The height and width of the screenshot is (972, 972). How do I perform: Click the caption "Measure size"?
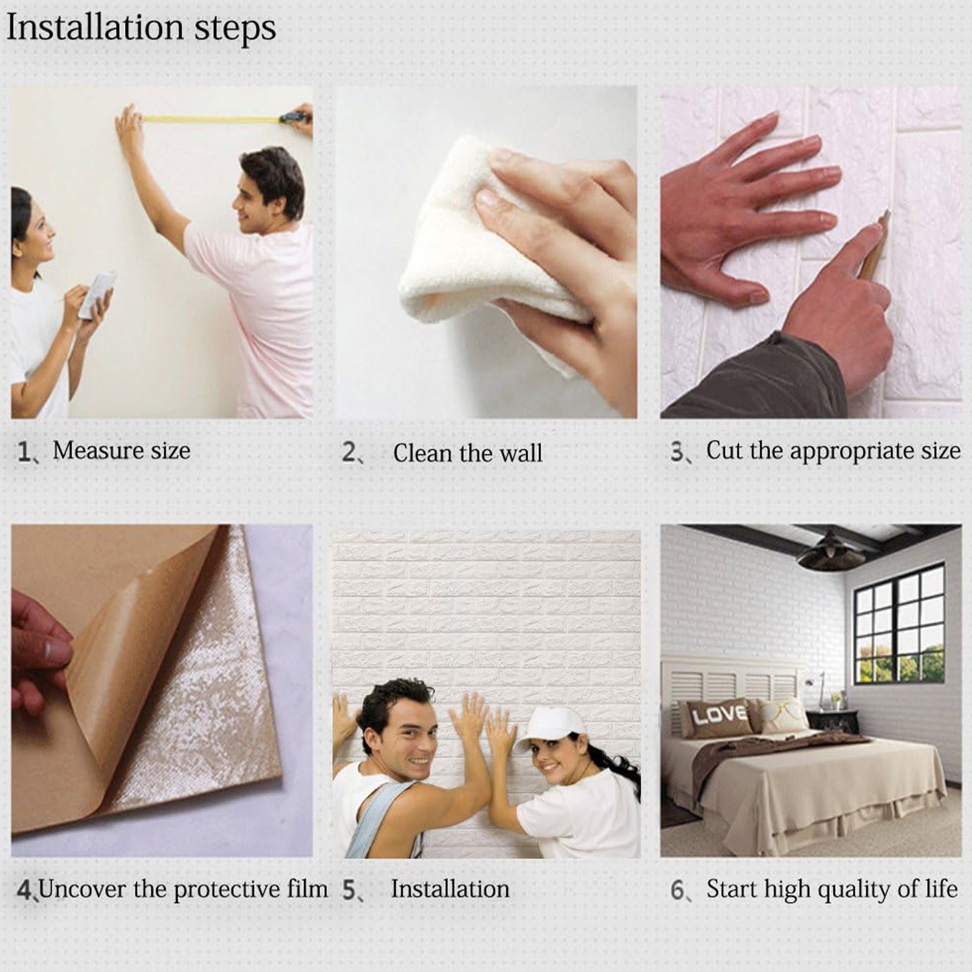pyautogui.click(x=122, y=451)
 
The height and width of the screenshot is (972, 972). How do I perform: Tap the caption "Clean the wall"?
pyautogui.click(x=468, y=453)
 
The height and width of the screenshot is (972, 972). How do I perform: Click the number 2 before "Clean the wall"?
pyautogui.click(x=348, y=452)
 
